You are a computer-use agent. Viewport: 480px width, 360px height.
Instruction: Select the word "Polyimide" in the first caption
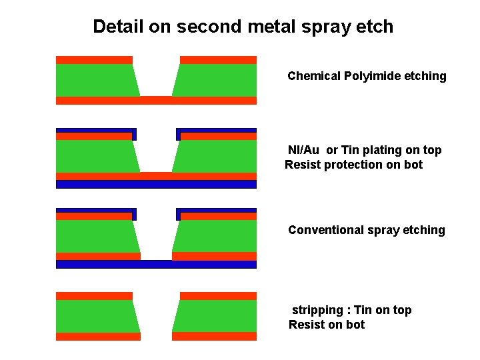click(x=371, y=76)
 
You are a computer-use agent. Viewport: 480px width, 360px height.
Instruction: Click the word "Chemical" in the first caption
click(x=314, y=76)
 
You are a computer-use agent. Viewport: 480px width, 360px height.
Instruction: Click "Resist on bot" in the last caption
click(x=327, y=325)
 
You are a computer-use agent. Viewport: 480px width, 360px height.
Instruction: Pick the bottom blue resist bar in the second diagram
click(x=156, y=185)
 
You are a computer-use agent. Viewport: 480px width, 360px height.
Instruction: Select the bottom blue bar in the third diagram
click(x=156, y=264)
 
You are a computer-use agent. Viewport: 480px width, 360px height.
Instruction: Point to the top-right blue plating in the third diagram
click(x=216, y=211)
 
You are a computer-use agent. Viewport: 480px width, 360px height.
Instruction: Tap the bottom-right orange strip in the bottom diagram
click(x=214, y=336)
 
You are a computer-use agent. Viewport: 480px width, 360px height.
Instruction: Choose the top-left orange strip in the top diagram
click(x=94, y=60)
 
